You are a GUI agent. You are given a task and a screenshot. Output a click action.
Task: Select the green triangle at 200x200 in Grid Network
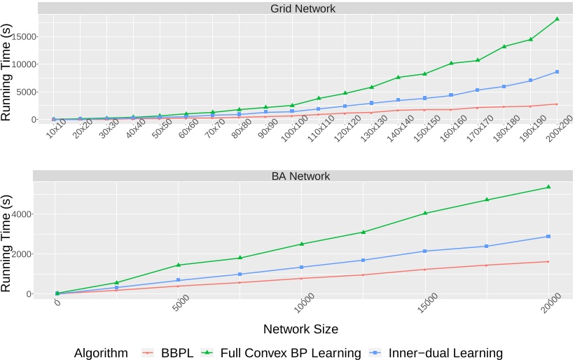coord(557,19)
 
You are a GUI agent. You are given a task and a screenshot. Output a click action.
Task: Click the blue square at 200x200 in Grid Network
coord(557,71)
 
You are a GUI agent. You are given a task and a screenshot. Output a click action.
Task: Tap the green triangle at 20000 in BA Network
coord(548,187)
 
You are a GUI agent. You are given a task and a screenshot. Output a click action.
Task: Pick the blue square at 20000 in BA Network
coord(548,236)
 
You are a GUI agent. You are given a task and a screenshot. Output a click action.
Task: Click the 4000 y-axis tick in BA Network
coord(29,214)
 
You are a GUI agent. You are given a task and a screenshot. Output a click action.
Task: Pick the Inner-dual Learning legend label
coord(447,353)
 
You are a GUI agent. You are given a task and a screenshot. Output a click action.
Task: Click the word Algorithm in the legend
coord(101,353)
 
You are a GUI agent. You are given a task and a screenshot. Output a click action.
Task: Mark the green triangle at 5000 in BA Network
coord(179,265)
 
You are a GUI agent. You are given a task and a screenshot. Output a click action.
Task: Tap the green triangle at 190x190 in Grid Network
coord(530,39)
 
